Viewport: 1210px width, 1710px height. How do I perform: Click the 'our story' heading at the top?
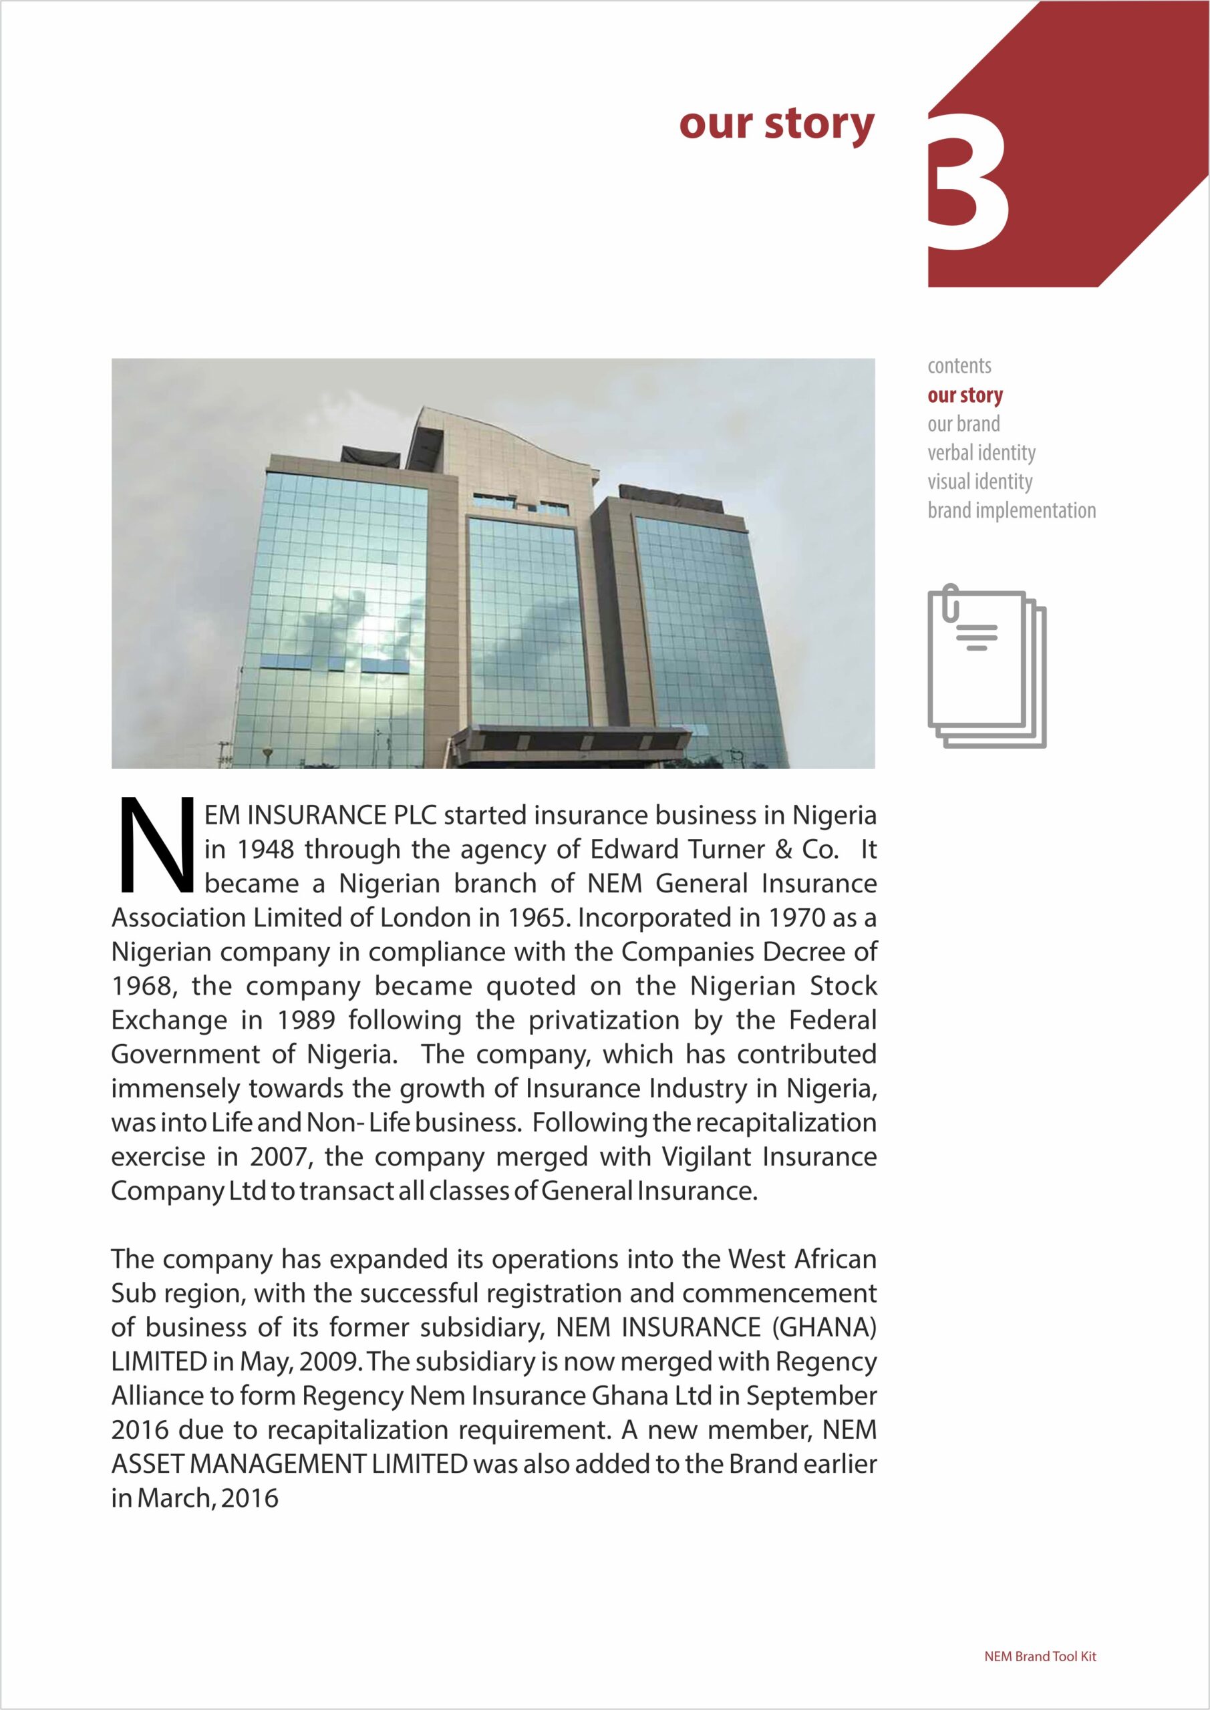click(776, 124)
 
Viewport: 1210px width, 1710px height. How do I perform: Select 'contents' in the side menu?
click(959, 365)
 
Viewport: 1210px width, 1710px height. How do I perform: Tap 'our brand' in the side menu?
click(963, 423)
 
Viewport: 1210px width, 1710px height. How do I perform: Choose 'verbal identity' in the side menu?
click(981, 453)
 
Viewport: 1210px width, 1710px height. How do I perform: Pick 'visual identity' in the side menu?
click(979, 482)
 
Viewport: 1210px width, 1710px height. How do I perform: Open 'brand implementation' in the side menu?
click(1011, 511)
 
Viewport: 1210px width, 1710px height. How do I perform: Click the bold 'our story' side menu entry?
click(965, 395)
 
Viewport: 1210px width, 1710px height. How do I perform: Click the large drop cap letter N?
click(156, 846)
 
